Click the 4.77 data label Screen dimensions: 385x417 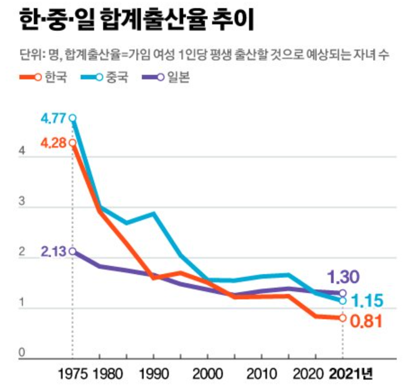coord(54,119)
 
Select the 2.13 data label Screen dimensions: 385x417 coord(54,252)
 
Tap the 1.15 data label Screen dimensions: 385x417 coord(366,300)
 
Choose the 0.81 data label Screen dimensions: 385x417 coord(366,321)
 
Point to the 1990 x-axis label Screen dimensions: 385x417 coord(154,374)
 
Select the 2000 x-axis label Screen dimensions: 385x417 coord(208,374)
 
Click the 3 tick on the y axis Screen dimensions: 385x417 coord(21,202)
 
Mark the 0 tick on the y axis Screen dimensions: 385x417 coord(21,354)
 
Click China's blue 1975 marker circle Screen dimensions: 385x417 coord(72,119)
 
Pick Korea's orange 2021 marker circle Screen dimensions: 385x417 coord(343,318)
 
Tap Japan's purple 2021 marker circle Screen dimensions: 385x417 coord(343,293)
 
